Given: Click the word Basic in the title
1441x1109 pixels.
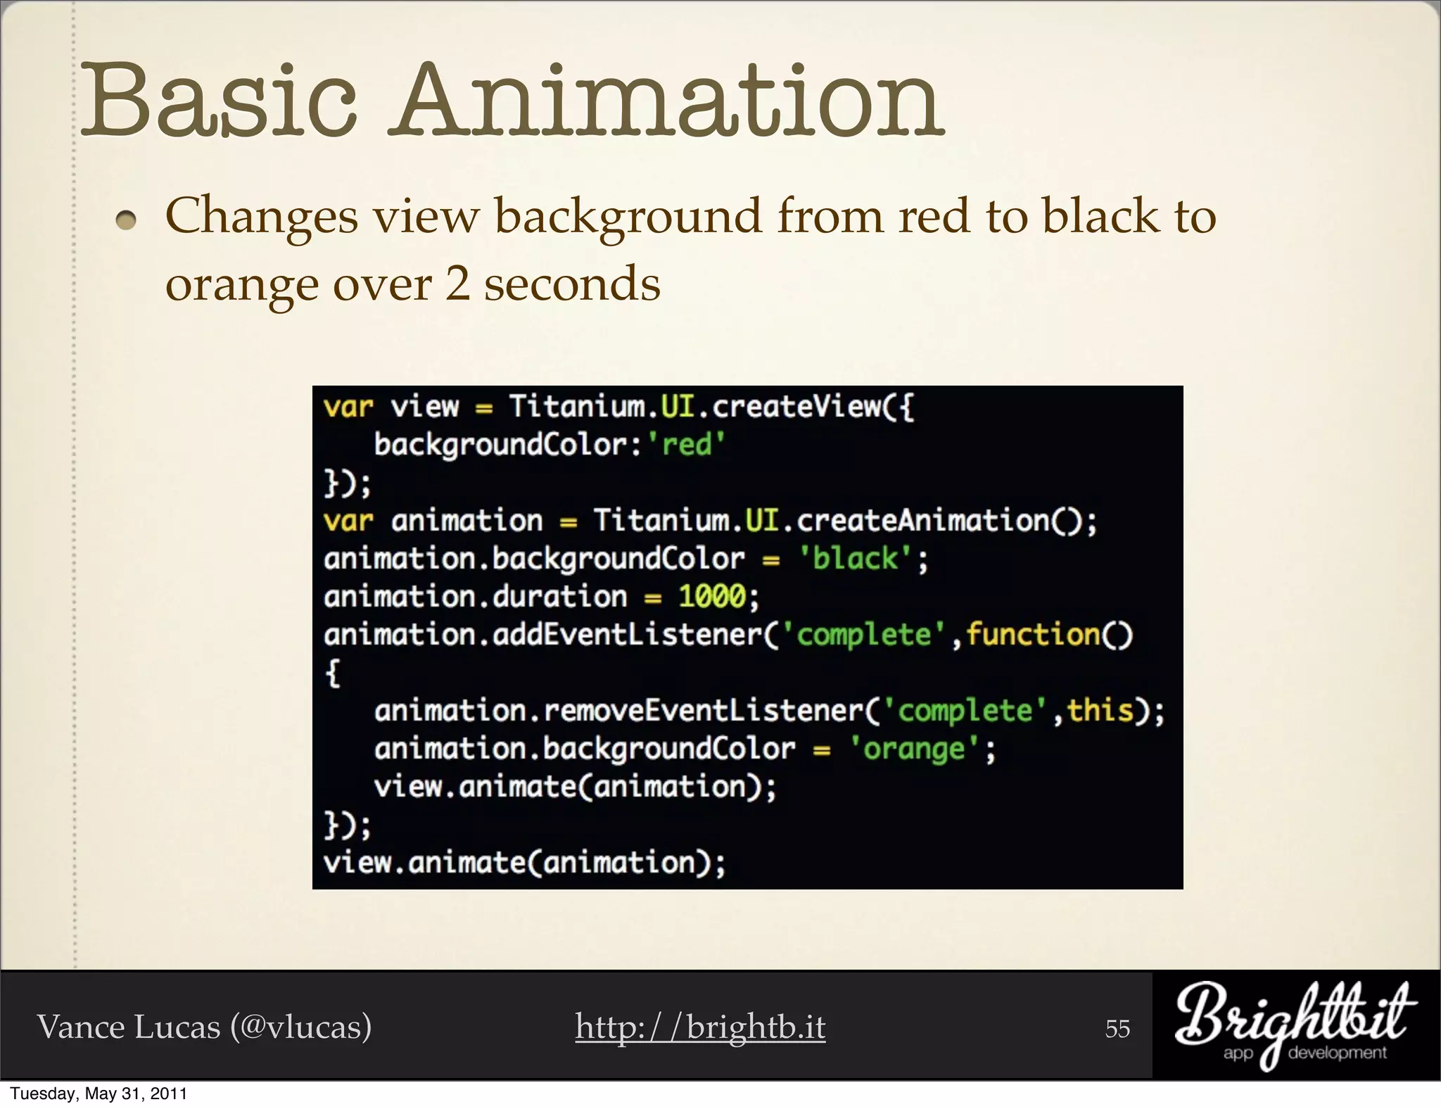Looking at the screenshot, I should click(x=220, y=100).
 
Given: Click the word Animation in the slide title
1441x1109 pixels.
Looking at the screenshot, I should click(x=668, y=100).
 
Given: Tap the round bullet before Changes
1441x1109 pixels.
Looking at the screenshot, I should click(x=127, y=221).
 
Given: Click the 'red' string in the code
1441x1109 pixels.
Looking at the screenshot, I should click(x=686, y=445).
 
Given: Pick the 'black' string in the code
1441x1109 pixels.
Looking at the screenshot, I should click(x=855, y=559).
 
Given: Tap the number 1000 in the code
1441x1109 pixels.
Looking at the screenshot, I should click(x=711, y=597).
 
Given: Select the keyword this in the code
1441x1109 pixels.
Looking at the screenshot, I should click(x=1100, y=711).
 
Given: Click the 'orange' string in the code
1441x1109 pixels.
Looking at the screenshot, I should click(x=914, y=749).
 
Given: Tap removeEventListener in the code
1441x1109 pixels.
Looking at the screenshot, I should click(x=703, y=711).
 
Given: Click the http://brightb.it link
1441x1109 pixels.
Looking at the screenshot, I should click(x=700, y=1027).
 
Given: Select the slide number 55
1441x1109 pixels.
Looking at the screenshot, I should click(x=1117, y=1029).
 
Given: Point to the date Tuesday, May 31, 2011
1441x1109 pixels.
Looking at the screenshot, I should click(x=99, y=1094).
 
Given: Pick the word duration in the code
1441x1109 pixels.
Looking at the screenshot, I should click(x=559, y=597).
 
